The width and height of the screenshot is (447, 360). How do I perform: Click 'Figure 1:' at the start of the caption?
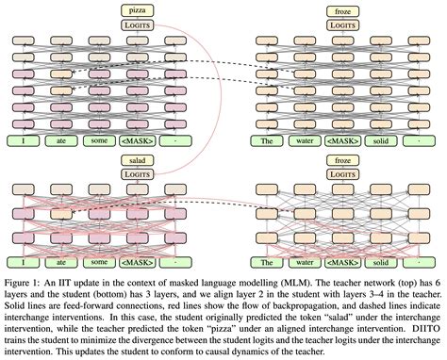click(25, 281)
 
